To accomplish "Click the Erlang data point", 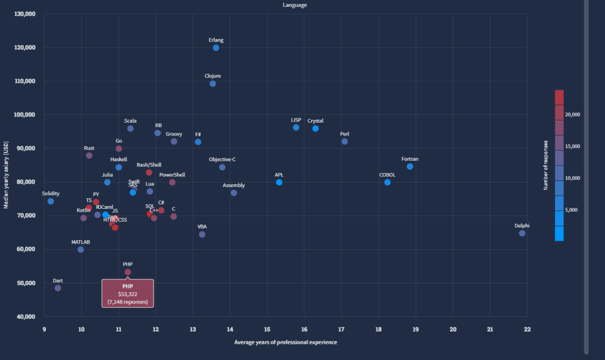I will point(216,48).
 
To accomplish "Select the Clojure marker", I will point(212,83).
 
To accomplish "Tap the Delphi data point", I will point(522,233).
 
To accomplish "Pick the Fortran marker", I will point(409,166).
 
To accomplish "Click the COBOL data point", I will point(387,182).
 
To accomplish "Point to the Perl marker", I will point(345,141).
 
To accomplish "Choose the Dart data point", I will point(58,288).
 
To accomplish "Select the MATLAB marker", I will point(81,249).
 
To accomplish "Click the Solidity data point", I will point(50,201).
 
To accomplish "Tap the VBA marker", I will point(202,234).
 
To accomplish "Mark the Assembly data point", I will point(234,193).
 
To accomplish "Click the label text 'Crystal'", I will point(315,121).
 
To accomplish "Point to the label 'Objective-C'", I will point(222,160).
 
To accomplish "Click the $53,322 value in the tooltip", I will point(127,294).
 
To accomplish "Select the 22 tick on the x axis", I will point(527,329).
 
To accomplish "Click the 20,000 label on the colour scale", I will point(573,114).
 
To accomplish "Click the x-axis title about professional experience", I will point(286,342).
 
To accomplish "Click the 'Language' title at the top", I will point(295,5).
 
